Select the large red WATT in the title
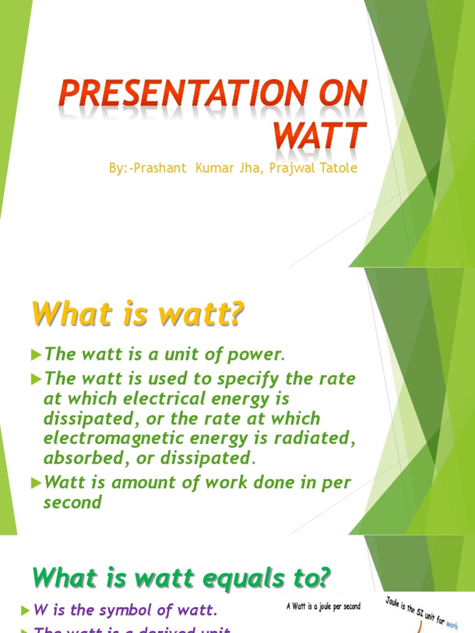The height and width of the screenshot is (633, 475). pos(320,135)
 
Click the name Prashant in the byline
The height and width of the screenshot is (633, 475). pos(160,168)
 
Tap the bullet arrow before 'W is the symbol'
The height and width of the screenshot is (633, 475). pos(25,611)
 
